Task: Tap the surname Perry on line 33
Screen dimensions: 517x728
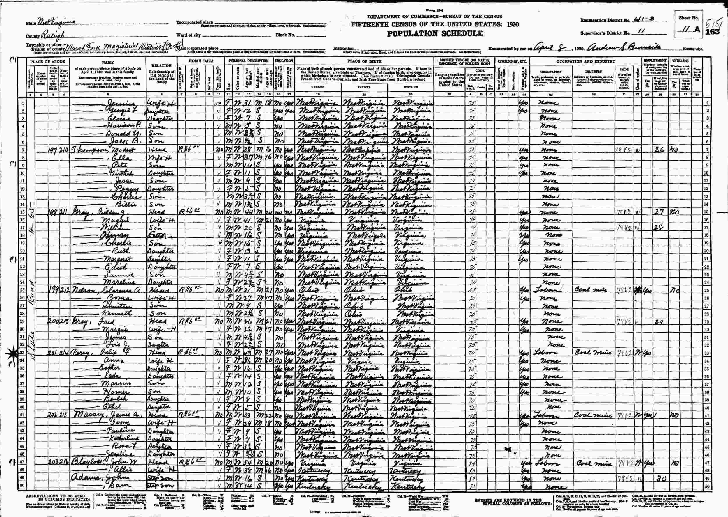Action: (78, 353)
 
